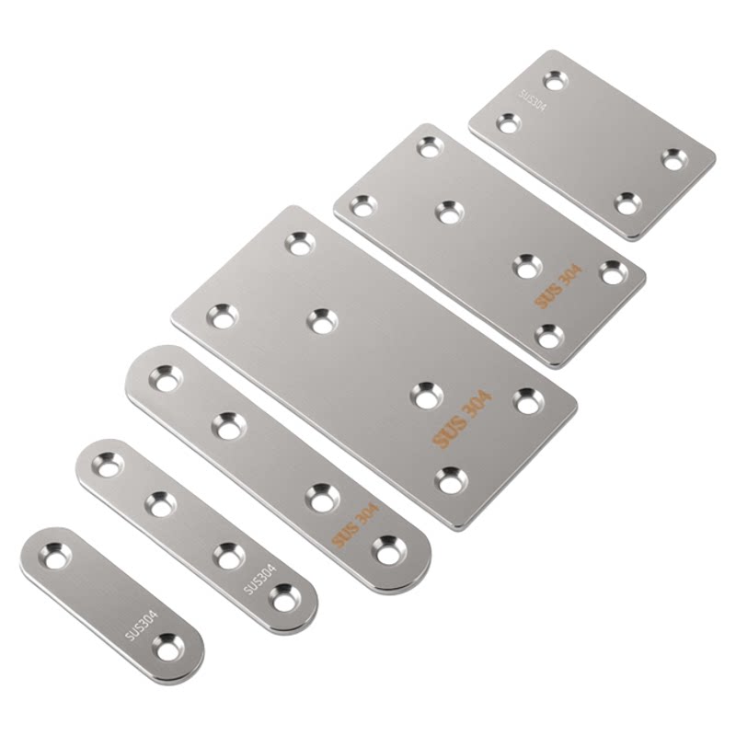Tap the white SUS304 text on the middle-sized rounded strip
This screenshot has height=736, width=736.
(x=260, y=580)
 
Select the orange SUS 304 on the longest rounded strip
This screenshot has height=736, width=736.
(x=355, y=525)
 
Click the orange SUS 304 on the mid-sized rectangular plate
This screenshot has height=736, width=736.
(x=558, y=286)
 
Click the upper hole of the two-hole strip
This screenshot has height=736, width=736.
(x=55, y=557)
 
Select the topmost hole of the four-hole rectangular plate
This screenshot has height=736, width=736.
(x=557, y=81)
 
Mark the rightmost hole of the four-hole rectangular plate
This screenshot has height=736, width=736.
(x=675, y=159)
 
